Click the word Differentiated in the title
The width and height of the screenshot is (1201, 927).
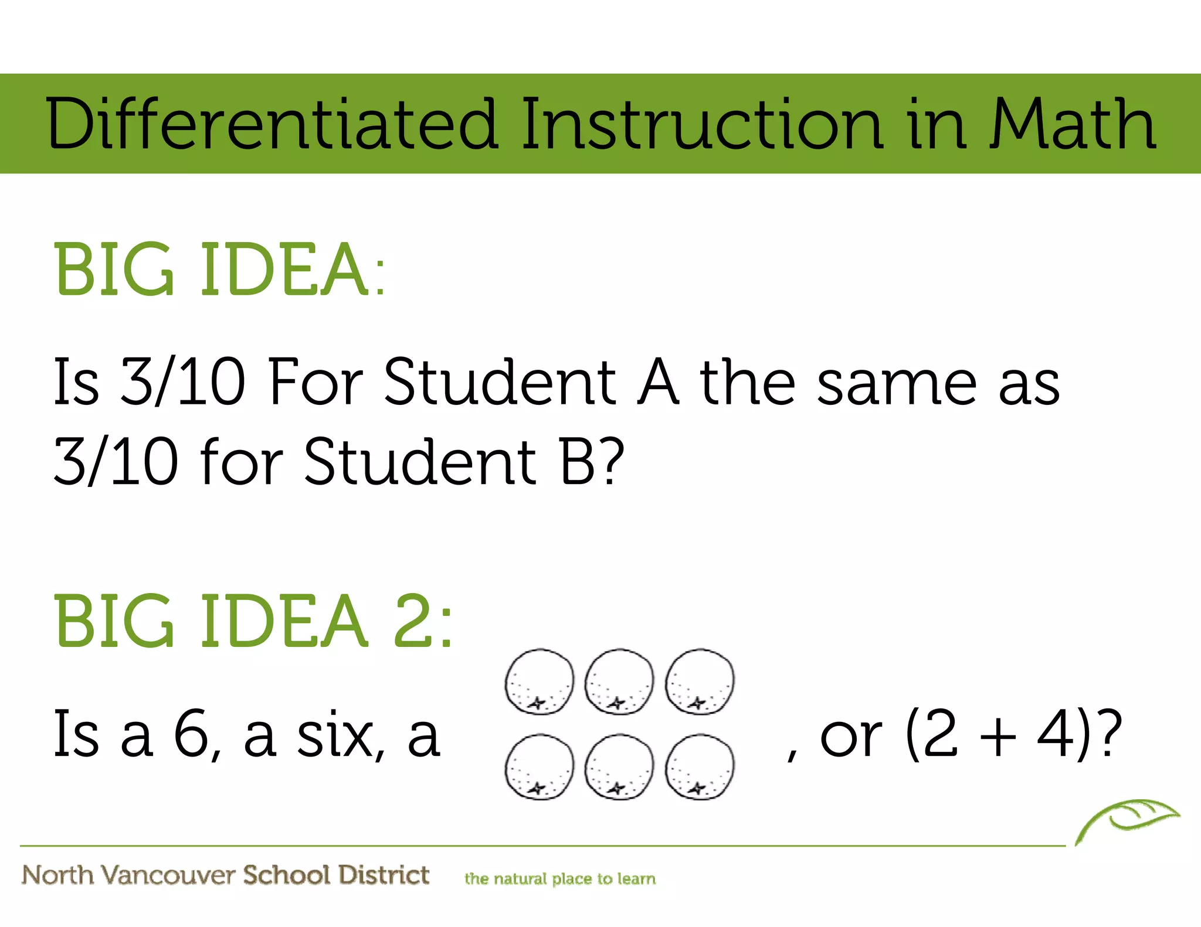point(272,125)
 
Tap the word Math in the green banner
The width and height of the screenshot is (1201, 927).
point(1073,125)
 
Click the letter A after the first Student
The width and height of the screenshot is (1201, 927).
point(658,382)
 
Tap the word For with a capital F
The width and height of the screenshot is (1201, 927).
point(316,382)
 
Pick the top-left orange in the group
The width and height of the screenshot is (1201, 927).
point(540,681)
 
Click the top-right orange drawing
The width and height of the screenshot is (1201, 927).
point(700,681)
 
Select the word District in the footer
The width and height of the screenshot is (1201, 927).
point(384,875)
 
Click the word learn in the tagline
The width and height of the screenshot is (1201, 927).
point(636,879)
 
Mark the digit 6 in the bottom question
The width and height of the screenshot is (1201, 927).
point(192,734)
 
